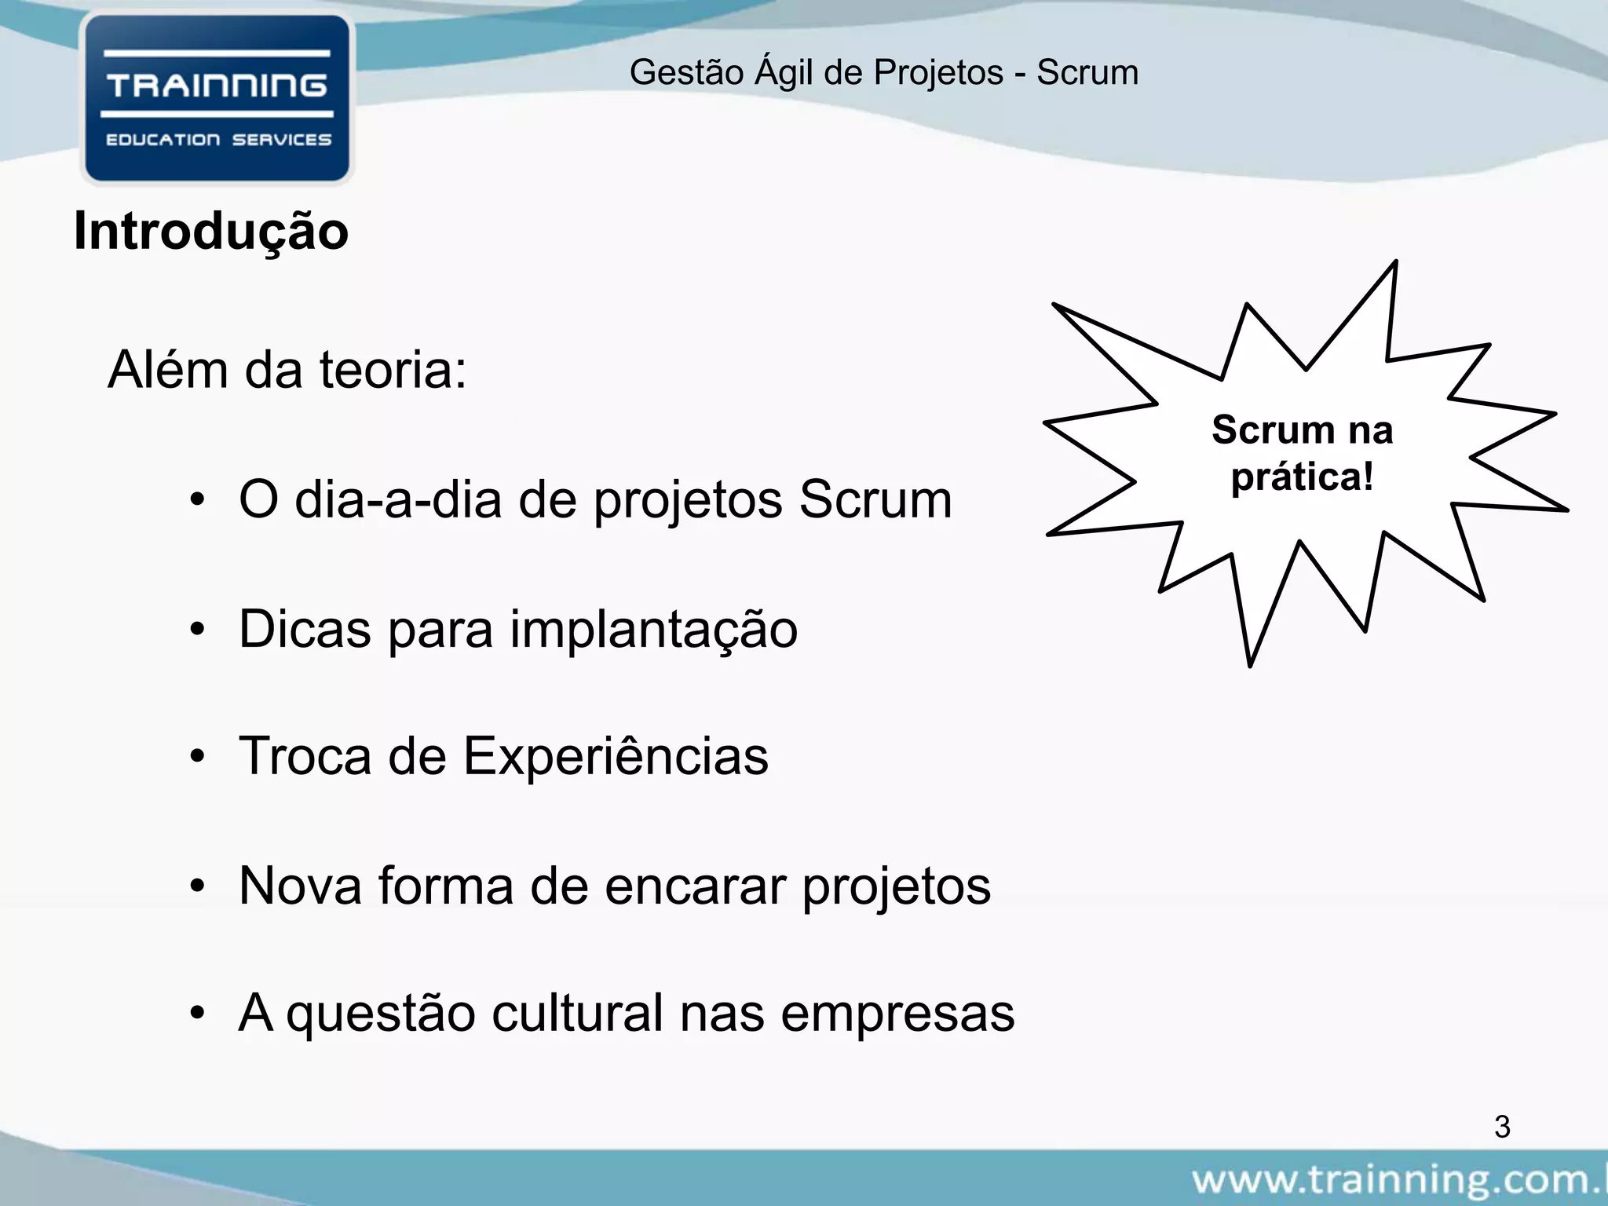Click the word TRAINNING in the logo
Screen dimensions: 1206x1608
coord(217,85)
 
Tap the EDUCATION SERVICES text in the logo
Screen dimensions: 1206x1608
coord(218,140)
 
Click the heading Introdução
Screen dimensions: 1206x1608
coord(211,232)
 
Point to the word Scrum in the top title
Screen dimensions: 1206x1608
coord(1087,73)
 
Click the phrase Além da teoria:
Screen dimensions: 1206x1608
coord(287,370)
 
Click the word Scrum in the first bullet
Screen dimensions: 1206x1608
coord(875,500)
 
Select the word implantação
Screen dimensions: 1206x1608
coord(653,630)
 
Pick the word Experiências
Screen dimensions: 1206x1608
coord(616,757)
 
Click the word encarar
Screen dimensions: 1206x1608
coord(696,886)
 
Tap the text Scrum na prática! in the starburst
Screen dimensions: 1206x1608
coord(1302,454)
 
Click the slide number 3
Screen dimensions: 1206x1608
coord(1501,1127)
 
